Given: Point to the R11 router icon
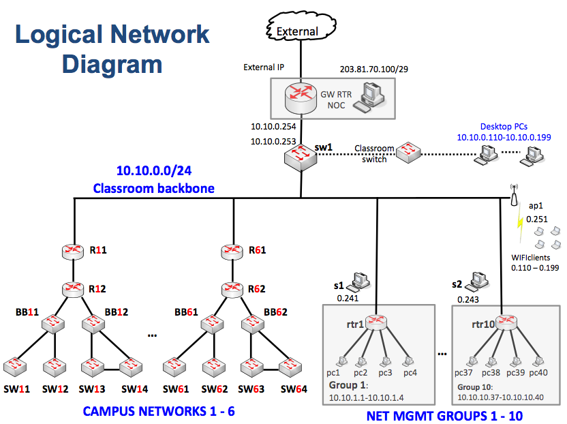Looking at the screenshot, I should tap(72, 251).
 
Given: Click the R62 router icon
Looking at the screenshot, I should tap(234, 288).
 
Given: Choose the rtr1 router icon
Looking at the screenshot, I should tap(375, 321).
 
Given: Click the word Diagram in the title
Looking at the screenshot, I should tap(112, 64).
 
